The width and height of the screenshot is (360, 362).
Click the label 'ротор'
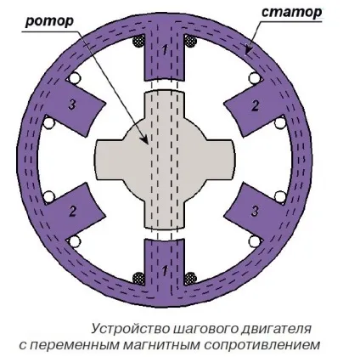[x=49, y=21]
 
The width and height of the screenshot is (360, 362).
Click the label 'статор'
[x=291, y=12]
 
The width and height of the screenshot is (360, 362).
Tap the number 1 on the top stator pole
[x=165, y=50]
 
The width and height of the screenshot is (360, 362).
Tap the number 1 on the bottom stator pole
[x=165, y=271]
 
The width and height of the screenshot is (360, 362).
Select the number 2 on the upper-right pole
[x=255, y=106]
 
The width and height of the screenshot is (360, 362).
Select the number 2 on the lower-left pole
[x=73, y=212]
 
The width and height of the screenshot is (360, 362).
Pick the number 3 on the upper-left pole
[x=72, y=105]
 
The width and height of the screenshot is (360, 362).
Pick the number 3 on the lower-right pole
[x=255, y=212]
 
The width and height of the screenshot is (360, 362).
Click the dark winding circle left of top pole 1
[x=138, y=42]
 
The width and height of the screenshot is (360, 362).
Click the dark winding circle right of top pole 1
[x=190, y=42]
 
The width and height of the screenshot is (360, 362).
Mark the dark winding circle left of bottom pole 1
[x=138, y=278]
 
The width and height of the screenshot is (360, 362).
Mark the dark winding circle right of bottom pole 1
[x=190, y=278]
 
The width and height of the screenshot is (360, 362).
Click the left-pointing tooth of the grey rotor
[x=108, y=160]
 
